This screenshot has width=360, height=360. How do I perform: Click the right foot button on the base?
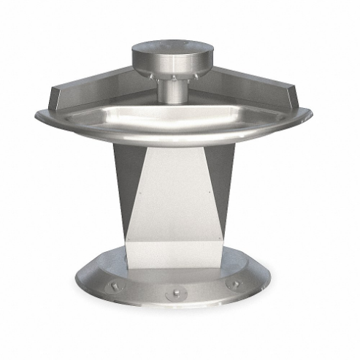(x=236, y=285)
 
